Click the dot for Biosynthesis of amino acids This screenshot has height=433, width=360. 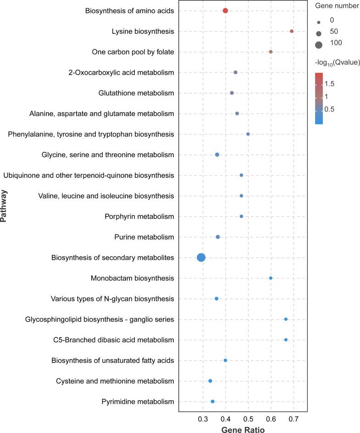tap(225, 11)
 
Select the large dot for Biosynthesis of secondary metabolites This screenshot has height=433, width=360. tap(201, 258)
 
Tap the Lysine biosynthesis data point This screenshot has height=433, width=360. tap(292, 31)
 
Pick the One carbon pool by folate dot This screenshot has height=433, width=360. tap(271, 52)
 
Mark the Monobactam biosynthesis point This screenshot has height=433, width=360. tap(271, 278)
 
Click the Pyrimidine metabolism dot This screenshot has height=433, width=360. tap(212, 401)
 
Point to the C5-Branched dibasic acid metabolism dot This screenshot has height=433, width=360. tap(286, 340)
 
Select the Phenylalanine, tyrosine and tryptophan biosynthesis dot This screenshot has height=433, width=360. tap(248, 134)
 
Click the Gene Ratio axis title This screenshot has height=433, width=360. tap(243, 430)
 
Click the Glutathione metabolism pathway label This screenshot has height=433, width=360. tap(136, 93)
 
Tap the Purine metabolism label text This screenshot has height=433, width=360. tap(144, 237)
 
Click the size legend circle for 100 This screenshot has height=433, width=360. tap(318, 44)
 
